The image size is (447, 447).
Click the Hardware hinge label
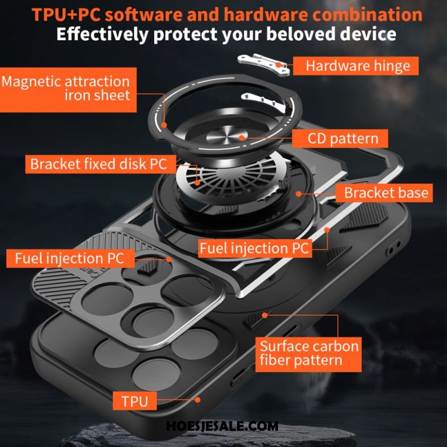pyautogui.click(x=355, y=66)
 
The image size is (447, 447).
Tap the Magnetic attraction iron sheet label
pyautogui.click(x=68, y=90)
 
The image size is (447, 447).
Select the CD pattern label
pyautogui.click(x=340, y=139)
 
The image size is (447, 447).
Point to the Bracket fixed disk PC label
pyautogui.click(x=101, y=164)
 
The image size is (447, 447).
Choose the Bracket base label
pyautogui.click(x=384, y=193)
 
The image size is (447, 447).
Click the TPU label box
pyautogui.click(x=135, y=401)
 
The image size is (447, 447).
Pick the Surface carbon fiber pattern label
pyautogui.click(x=308, y=354)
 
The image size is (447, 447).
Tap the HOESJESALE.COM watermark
pyautogui.click(x=222, y=426)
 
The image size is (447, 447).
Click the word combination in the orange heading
pyautogui.click(x=368, y=15)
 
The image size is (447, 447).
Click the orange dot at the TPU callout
pyautogui.click(x=197, y=400)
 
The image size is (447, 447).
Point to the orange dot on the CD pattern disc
pyautogui.click(x=242, y=138)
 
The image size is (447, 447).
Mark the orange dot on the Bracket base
pyautogui.click(x=298, y=194)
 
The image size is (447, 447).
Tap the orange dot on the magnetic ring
pyautogui.click(x=164, y=125)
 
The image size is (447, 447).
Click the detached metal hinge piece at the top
pyautogui.click(x=264, y=64)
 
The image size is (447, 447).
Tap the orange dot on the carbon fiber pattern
pyautogui.click(x=265, y=315)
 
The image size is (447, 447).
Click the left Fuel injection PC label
pyautogui.click(x=70, y=258)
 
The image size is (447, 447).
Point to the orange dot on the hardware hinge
pyautogui.click(x=278, y=65)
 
